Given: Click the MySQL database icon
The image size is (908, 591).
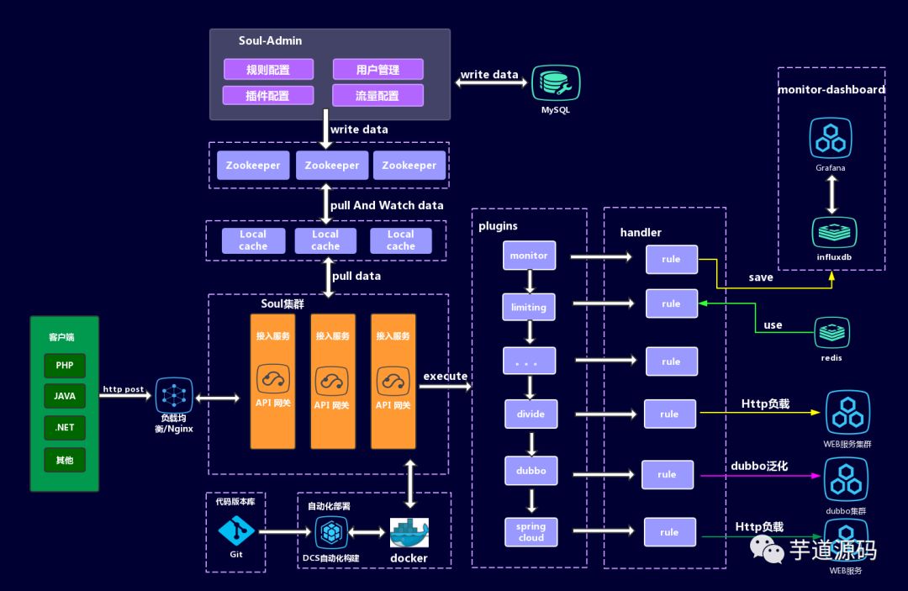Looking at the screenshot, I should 555,84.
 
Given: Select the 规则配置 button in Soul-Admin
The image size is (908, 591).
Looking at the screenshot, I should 268,69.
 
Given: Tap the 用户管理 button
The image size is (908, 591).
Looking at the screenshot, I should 377,69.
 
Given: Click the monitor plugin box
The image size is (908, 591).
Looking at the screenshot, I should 529,256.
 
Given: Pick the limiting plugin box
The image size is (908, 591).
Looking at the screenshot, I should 529,307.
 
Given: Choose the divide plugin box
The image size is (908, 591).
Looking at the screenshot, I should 531,414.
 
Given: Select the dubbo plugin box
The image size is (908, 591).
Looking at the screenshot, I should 531,471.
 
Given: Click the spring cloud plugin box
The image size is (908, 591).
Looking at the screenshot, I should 531,531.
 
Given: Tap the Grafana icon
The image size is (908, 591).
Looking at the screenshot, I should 831,139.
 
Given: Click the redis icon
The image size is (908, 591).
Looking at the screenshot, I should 831,334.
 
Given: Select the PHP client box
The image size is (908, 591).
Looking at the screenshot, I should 65,366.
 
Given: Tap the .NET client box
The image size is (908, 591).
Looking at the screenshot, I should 65,427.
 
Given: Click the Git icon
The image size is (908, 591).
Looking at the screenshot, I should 236,530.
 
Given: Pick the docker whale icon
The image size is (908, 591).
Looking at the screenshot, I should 409,533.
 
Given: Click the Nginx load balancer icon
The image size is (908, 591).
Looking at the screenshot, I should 174,394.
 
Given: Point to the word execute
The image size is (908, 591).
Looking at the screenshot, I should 445,376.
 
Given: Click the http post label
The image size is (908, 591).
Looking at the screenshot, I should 123,389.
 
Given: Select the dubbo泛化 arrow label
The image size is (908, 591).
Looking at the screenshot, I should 758,465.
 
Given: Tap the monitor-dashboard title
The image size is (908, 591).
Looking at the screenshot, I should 831,89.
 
